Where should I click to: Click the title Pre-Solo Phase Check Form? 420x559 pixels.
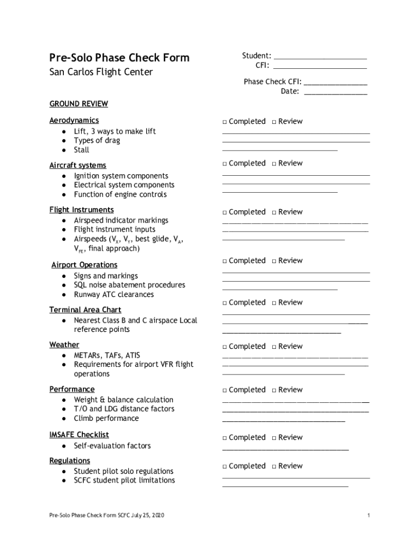coord(119,57)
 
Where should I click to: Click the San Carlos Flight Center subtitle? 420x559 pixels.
coord(101,72)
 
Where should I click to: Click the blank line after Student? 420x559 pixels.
coord(320,56)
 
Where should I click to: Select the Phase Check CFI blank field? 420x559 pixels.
coord(335,82)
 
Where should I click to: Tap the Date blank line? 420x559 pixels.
coord(335,92)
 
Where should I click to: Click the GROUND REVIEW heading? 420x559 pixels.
coord(79,104)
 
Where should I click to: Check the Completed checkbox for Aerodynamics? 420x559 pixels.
coord(225,122)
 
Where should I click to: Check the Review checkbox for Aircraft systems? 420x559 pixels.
coord(274,164)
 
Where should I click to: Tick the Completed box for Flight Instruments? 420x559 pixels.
coord(225,212)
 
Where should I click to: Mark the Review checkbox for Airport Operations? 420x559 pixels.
coord(274,261)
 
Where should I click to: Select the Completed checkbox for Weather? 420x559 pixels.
coord(225,347)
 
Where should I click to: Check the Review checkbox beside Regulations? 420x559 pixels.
coord(274,466)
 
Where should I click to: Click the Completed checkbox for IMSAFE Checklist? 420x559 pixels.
coord(225,438)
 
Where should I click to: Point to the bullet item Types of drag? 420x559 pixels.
coord(97,140)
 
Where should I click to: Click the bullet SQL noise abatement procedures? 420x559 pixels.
coord(129,285)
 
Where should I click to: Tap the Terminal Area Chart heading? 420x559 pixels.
coord(85,310)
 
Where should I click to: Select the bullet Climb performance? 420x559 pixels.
coord(106,418)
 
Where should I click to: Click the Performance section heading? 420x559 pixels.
coord(71,389)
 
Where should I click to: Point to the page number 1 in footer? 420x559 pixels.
coord(369,516)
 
